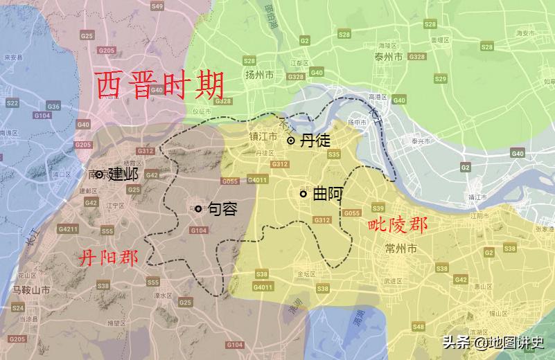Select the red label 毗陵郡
click(397, 224)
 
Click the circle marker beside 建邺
click(100, 174)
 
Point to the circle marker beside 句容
click(198, 208)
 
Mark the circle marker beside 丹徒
click(290, 141)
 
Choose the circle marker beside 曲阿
click(303, 195)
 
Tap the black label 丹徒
click(314, 141)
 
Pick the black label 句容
click(222, 208)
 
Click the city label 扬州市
click(261, 75)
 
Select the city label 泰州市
click(388, 57)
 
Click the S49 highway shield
click(157, 6)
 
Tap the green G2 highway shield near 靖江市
click(465, 168)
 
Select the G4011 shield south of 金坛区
click(263, 286)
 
